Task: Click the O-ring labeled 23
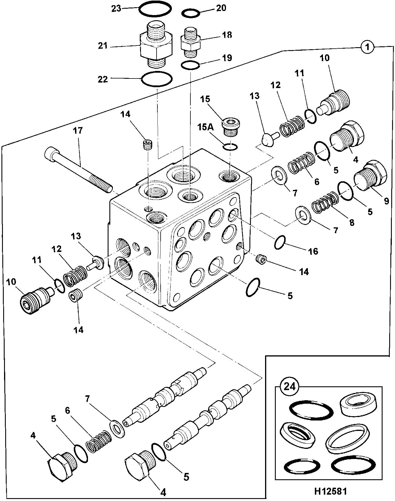point(154,9)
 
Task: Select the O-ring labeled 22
point(157,78)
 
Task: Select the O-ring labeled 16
point(280,242)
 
